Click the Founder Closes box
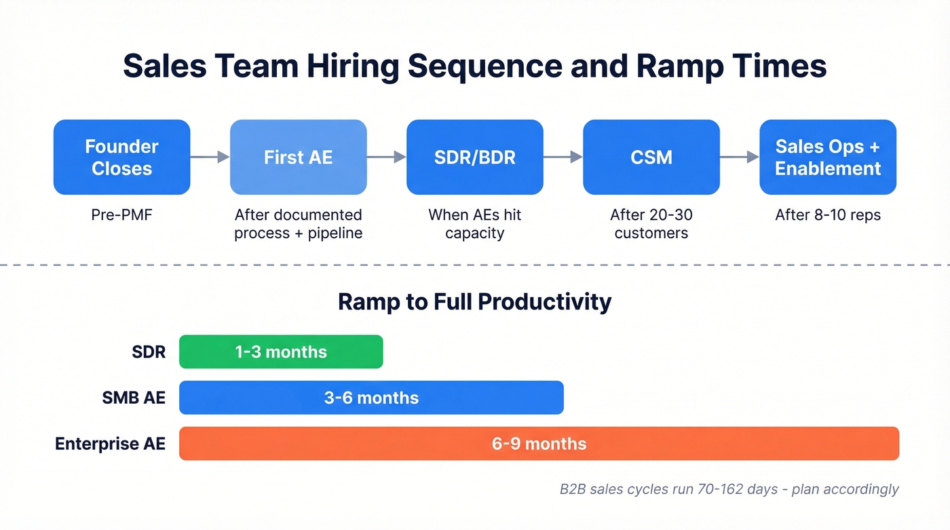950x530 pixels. tap(121, 157)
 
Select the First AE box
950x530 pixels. tap(298, 157)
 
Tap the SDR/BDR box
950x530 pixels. tap(474, 157)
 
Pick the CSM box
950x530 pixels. tap(651, 157)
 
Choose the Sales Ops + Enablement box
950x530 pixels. tap(827, 157)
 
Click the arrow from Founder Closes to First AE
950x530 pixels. tap(210, 157)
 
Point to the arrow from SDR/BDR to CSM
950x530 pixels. tap(563, 157)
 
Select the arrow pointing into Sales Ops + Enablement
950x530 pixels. tap(739, 157)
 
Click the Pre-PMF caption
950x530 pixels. tap(121, 215)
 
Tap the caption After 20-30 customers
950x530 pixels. tap(651, 224)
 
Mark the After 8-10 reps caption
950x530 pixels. tap(827, 215)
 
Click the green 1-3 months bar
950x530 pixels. tap(281, 352)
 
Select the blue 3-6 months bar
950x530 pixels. tap(371, 398)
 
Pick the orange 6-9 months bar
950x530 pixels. tap(539, 444)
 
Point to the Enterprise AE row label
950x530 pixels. tap(110, 444)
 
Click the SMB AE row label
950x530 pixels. tap(134, 398)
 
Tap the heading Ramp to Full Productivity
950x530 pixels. tap(474, 301)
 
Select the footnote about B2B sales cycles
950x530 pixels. tap(729, 489)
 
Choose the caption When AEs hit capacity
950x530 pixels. tap(474, 224)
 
